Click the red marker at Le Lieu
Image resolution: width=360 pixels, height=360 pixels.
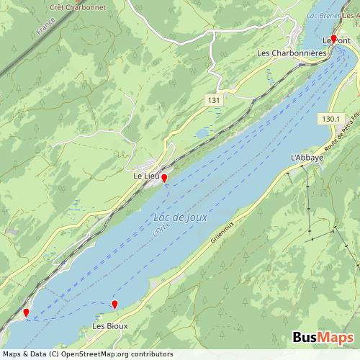point(164,177)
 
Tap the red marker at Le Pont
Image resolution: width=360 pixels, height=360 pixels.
point(333,39)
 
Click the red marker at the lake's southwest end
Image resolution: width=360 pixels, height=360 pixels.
point(27,312)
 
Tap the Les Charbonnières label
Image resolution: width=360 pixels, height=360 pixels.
point(292,53)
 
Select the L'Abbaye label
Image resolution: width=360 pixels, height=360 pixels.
point(307,157)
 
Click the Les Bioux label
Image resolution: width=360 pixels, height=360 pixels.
point(108,326)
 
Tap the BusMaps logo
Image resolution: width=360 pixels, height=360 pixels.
point(323,338)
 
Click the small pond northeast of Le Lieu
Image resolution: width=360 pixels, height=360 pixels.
point(204,132)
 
